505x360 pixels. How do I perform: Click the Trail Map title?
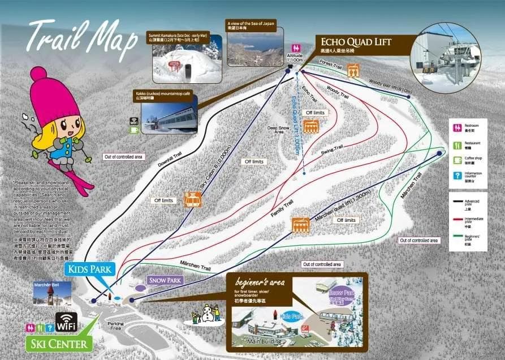tap(83, 40)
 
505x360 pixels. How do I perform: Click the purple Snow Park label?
tap(165, 280)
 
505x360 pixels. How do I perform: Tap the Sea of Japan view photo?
tap(252, 44)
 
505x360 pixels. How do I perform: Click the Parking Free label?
tap(116, 325)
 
